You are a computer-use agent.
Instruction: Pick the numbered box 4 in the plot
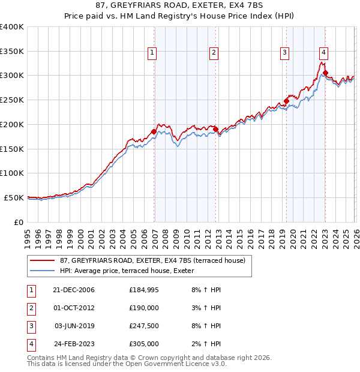point(323,52)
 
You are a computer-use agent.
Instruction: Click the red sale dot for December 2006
point(154,131)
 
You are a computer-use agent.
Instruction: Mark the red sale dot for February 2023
point(325,73)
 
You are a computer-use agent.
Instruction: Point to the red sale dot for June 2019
point(286,101)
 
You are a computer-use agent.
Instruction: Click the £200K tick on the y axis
point(12,124)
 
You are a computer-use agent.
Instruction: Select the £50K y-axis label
point(14,197)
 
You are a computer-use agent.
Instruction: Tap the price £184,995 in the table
point(144,290)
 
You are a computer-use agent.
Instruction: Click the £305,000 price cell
point(144,344)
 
